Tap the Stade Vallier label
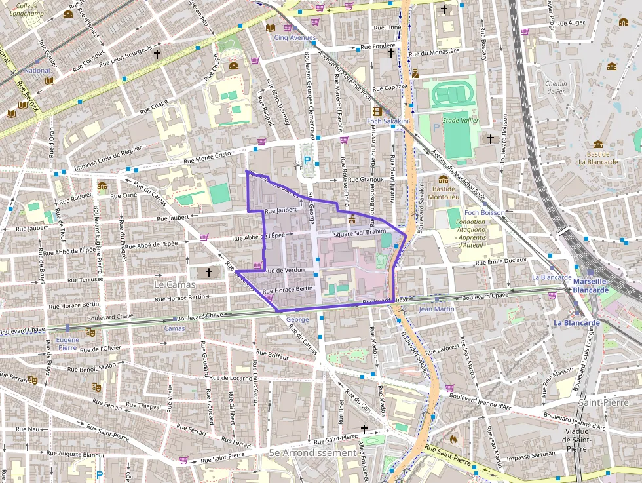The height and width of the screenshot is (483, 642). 460,121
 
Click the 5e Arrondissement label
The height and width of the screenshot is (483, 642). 312,453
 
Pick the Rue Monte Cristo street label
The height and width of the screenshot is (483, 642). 209,156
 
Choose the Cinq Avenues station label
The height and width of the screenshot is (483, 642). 294,38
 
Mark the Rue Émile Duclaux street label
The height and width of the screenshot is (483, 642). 502,261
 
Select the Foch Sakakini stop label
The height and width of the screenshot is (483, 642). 388,121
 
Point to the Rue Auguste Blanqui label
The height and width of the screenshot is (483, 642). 75,454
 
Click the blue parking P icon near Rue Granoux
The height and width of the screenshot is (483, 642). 307,160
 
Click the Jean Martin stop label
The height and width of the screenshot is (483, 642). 436,309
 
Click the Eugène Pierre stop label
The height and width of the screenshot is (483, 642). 67,343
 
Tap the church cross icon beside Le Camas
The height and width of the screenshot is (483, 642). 209,271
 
